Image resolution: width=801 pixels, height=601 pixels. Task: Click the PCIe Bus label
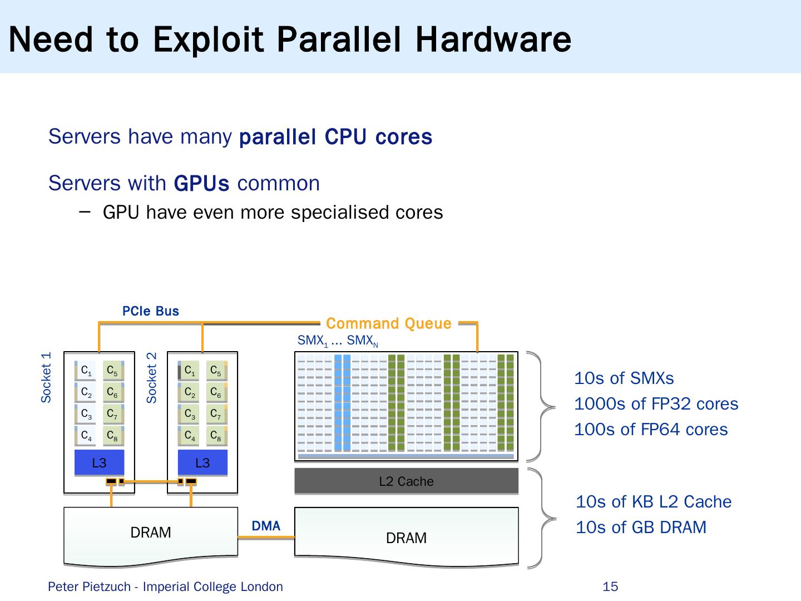click(x=151, y=311)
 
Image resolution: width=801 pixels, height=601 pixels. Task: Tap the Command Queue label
click(x=389, y=323)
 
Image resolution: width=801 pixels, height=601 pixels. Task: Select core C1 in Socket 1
click(x=86, y=371)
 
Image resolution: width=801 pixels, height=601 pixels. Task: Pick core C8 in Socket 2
click(x=215, y=436)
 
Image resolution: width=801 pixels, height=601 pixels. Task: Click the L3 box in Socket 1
click(x=99, y=463)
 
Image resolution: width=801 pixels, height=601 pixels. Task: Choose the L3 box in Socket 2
click(x=202, y=463)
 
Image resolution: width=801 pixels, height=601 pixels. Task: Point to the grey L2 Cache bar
click(x=406, y=481)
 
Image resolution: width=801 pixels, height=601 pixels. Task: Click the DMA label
click(x=266, y=526)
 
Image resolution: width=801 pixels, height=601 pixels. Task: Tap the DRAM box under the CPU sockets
click(x=151, y=533)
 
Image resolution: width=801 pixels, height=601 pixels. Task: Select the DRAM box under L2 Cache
click(x=406, y=538)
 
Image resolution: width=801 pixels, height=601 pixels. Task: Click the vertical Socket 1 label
click(x=46, y=377)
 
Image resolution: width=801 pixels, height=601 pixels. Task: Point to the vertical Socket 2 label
click(x=151, y=377)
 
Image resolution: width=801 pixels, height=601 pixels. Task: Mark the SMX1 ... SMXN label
click(x=338, y=341)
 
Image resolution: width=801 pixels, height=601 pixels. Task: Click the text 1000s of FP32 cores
click(x=656, y=403)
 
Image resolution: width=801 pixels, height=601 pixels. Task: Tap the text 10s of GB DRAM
click(x=641, y=527)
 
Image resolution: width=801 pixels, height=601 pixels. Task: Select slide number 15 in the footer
click(x=610, y=587)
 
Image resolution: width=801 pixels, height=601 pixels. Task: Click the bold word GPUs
click(x=201, y=183)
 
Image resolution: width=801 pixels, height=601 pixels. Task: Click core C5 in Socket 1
click(x=112, y=371)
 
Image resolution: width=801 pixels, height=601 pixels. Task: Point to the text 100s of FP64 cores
click(x=651, y=429)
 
